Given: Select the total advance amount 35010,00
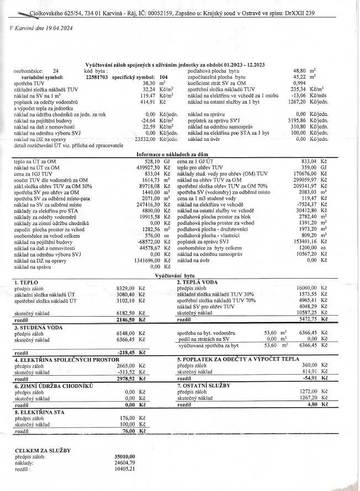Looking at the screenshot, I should coord(128,457).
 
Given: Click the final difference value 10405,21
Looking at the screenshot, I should coord(128,469).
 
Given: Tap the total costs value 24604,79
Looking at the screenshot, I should coord(128,463).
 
